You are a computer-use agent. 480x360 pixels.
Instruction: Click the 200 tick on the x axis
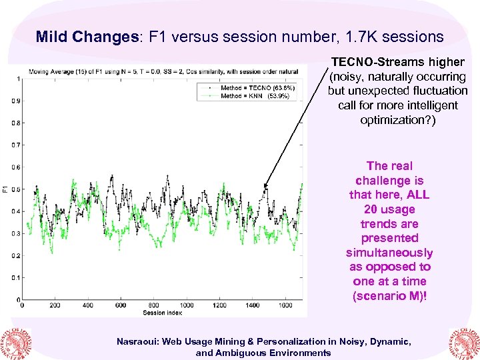pyautogui.click(x=55, y=305)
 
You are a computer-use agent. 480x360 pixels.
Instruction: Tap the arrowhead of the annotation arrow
pyautogui.click(x=265, y=186)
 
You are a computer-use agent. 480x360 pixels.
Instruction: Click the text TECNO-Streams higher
pyautogui.click(x=397, y=62)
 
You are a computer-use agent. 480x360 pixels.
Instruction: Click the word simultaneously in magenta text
pyautogui.click(x=389, y=253)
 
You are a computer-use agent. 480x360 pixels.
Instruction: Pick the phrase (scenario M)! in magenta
pyautogui.click(x=389, y=296)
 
